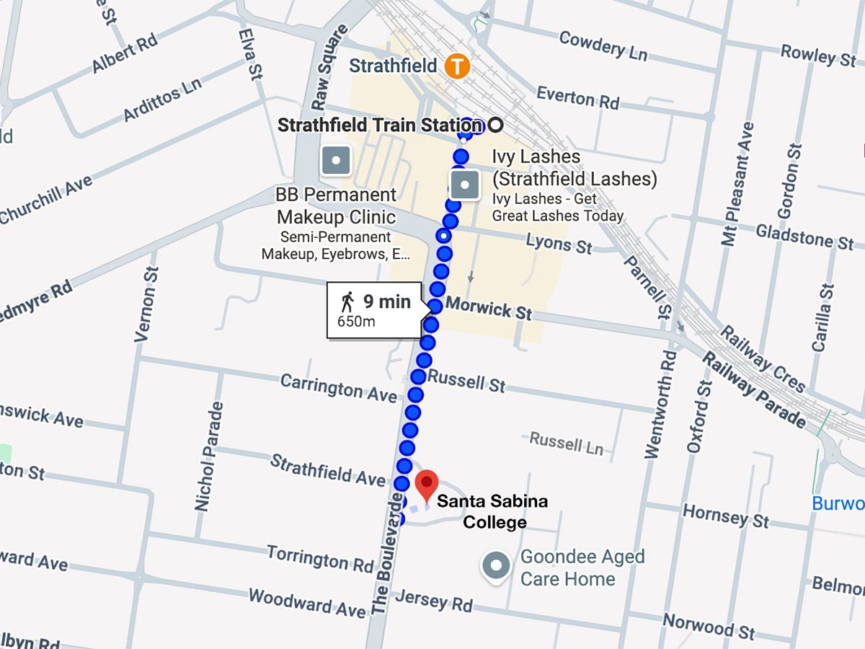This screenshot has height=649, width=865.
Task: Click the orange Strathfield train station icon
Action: pos(456,66)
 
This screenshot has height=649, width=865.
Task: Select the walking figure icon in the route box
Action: pos(347,301)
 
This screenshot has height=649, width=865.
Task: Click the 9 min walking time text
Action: pos(386,301)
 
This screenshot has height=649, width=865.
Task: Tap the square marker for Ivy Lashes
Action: pos(465,185)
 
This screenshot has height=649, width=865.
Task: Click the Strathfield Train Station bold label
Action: pos(378,125)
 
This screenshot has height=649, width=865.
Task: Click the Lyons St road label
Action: pos(559,244)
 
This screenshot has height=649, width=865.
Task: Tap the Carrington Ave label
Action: pos(338,388)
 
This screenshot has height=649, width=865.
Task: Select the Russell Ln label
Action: pos(566,443)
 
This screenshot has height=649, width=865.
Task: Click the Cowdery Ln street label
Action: pos(603,45)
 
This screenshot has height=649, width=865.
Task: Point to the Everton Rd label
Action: pos(577,97)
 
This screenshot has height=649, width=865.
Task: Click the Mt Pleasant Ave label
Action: pos(738,184)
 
